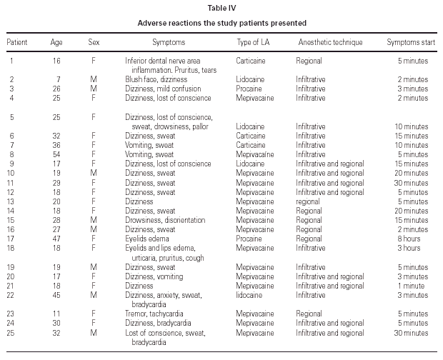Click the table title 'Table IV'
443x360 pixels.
[x=221, y=7]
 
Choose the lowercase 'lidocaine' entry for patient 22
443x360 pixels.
[x=252, y=294]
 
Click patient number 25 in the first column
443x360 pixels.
[x=11, y=332]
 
